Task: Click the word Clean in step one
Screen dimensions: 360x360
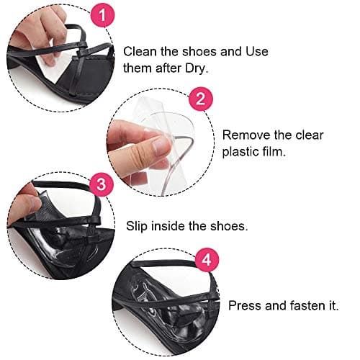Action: (140, 51)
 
